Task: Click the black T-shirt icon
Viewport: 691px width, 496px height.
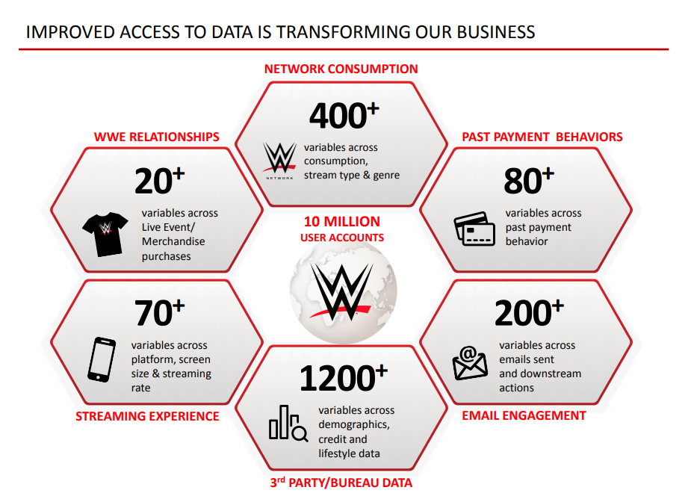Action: point(105,234)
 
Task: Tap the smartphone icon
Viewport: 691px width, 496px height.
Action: point(102,359)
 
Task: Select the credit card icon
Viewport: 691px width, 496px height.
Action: point(474,229)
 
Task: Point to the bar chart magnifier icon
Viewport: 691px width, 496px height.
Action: point(288,424)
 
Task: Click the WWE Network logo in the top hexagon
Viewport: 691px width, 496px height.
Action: point(279,161)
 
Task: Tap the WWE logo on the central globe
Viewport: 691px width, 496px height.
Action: point(341,291)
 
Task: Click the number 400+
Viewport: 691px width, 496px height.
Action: point(344,116)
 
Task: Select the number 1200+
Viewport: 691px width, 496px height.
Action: point(344,378)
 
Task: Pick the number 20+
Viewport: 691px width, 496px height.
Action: point(160,181)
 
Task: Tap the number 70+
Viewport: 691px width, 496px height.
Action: point(160,312)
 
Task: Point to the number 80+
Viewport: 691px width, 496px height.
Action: point(529,181)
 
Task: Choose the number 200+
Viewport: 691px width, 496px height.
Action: point(529,312)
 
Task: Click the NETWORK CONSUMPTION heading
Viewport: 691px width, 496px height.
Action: point(341,69)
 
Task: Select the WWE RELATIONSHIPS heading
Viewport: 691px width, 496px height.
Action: point(156,137)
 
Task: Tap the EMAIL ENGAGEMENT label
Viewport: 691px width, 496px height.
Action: point(524,416)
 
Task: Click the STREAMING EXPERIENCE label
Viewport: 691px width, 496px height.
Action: point(147,416)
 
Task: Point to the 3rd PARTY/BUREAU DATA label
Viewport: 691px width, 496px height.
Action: point(341,483)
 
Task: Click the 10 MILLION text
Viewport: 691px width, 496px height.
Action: point(342,222)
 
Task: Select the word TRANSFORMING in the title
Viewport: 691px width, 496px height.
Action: point(337,32)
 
